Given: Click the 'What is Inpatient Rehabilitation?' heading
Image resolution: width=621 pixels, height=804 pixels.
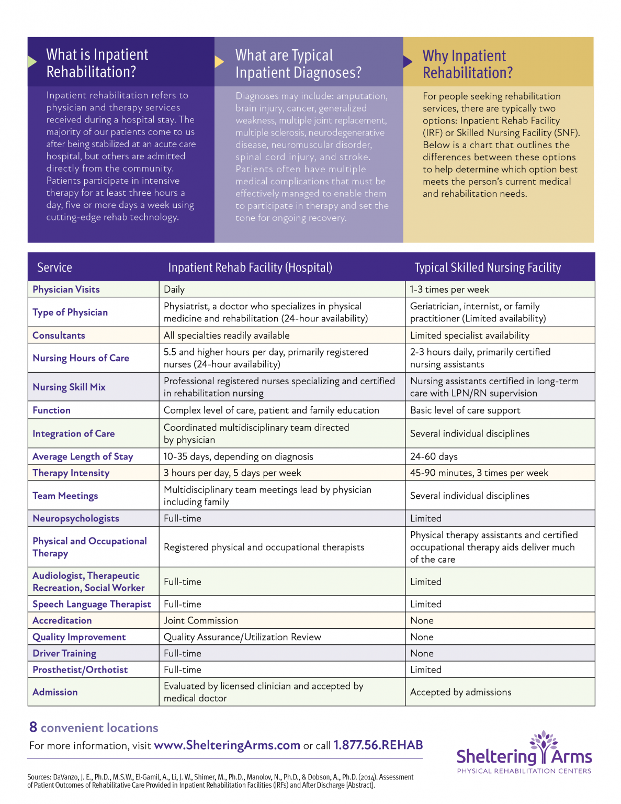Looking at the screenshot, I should [97, 63].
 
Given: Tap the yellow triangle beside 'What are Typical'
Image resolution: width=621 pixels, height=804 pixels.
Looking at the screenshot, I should [219, 62].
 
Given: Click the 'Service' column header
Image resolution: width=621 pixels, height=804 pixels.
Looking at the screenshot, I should [54, 267].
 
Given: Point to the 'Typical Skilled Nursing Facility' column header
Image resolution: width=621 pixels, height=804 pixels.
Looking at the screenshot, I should [487, 267].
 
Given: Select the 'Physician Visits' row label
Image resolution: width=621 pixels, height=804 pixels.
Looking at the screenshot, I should [66, 289].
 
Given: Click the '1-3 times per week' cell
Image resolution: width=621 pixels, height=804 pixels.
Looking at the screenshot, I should [449, 289].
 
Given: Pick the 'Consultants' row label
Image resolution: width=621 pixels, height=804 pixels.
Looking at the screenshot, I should [59, 336].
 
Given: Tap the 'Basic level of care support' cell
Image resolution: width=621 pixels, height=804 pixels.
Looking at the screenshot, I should [465, 410].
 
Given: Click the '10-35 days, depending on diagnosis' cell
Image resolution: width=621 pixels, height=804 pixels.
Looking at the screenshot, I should [238, 456].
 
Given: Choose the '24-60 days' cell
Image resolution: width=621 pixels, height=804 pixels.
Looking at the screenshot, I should [434, 456].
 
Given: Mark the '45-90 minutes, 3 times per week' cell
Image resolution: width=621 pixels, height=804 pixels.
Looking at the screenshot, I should [479, 473].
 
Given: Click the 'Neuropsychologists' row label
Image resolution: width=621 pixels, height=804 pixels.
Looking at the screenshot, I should [76, 518].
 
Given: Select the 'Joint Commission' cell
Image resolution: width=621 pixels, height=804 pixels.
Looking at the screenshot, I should [201, 620].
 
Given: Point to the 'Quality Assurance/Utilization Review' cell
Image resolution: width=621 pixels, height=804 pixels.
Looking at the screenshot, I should [242, 637].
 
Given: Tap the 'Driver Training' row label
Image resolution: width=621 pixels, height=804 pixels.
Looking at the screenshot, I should [64, 653].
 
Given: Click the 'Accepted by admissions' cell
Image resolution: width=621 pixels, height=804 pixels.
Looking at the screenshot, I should [460, 692].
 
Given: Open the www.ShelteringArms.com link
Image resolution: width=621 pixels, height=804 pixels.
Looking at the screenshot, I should [227, 745].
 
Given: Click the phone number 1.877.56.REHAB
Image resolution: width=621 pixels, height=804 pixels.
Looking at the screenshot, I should [378, 745].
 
